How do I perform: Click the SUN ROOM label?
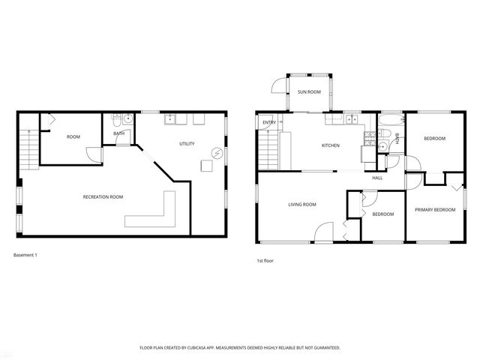coord(309,92)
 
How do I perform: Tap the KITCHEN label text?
coord(331,145)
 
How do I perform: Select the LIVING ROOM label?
coord(302,204)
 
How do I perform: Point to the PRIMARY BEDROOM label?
coord(435,210)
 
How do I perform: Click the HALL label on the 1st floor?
coord(377,178)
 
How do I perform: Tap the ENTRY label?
coord(269,122)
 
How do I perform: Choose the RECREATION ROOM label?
coord(103,196)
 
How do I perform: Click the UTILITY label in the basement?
coord(187,143)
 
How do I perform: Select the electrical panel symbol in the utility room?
coord(217,152)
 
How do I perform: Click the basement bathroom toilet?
coord(116,119)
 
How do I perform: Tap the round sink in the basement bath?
coord(128,118)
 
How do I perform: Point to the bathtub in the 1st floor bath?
coord(390,120)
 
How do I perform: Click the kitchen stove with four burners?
coord(368,136)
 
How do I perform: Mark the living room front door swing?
coord(322,232)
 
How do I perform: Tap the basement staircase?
coord(28,145)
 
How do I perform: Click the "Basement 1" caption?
coord(25,255)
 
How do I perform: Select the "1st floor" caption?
coord(264,261)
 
